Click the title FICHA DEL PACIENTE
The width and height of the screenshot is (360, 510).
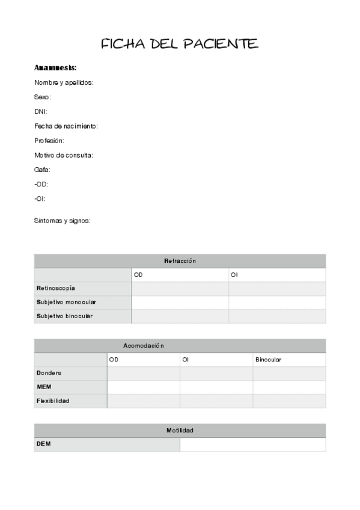pos(179,44)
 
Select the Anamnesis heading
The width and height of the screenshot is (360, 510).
pos(55,67)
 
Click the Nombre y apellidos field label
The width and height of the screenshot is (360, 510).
pos(64,82)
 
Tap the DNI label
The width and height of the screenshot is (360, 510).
pos(41,111)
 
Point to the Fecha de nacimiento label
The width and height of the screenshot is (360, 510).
pos(66,126)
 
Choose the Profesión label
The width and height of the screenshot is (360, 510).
pos(49,140)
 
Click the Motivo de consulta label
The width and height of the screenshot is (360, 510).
pos(64,155)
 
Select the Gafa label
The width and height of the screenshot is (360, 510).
pos(42,170)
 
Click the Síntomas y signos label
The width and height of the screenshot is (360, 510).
pos(63,221)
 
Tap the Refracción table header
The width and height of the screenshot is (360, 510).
pos(180,261)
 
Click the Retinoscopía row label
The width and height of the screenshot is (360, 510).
pos(56,288)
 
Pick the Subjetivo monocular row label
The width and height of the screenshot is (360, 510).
pos(66,302)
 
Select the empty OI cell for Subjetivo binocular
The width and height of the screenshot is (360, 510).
pos(276,316)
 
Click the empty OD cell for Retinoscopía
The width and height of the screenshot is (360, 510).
pos(180,288)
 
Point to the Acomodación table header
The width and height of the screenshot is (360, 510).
pos(143,346)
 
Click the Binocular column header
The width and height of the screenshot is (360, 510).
pos(268,360)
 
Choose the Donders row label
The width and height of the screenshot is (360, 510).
pos(49,373)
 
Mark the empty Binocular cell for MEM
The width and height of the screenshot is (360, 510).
pos(289,387)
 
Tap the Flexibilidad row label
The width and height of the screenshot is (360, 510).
pos(53,401)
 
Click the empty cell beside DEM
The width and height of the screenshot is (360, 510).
pos(252,444)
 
